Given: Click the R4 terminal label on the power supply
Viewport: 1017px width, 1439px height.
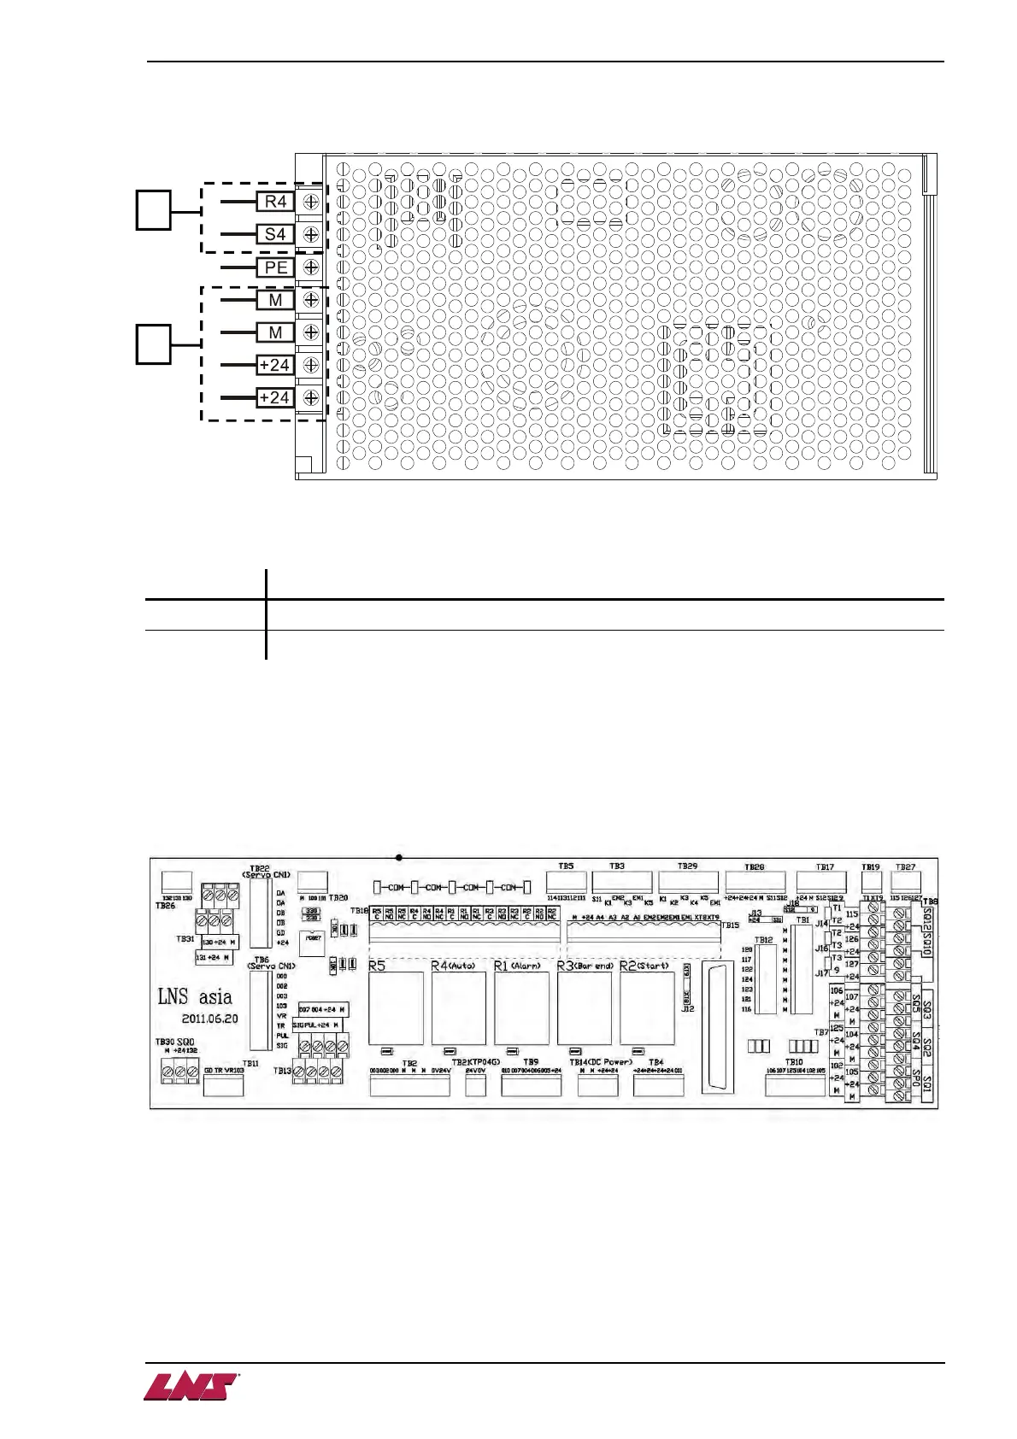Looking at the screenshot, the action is click(x=275, y=202).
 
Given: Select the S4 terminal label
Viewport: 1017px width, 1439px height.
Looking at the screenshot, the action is click(x=275, y=234).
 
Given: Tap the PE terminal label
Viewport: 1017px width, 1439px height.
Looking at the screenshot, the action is click(x=275, y=267).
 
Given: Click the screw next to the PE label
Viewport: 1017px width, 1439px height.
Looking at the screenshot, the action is click(x=311, y=267).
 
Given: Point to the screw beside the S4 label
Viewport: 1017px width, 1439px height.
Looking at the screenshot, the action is click(x=311, y=234).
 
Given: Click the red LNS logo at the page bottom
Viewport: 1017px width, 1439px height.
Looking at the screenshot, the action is click(x=191, y=1386).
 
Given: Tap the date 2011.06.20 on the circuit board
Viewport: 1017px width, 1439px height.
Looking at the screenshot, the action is click(x=209, y=1019).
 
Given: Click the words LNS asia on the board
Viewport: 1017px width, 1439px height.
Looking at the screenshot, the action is click(x=195, y=996).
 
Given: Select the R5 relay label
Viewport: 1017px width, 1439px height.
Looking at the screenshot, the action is click(x=377, y=966).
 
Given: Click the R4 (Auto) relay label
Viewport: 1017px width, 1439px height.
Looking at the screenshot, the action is click(x=453, y=966).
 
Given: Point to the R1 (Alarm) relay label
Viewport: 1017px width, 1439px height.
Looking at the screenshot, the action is click(x=517, y=966).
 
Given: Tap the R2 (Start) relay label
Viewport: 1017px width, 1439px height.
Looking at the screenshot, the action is click(x=644, y=966).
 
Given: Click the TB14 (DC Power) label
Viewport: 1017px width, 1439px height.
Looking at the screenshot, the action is click(x=601, y=1062).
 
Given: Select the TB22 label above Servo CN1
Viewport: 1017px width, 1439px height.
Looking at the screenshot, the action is click(x=259, y=867).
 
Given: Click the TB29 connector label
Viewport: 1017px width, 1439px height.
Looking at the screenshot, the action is click(x=687, y=866).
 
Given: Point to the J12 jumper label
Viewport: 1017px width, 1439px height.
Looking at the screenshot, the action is click(x=687, y=1009).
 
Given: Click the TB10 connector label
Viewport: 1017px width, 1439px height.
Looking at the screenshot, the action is click(x=794, y=1062).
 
